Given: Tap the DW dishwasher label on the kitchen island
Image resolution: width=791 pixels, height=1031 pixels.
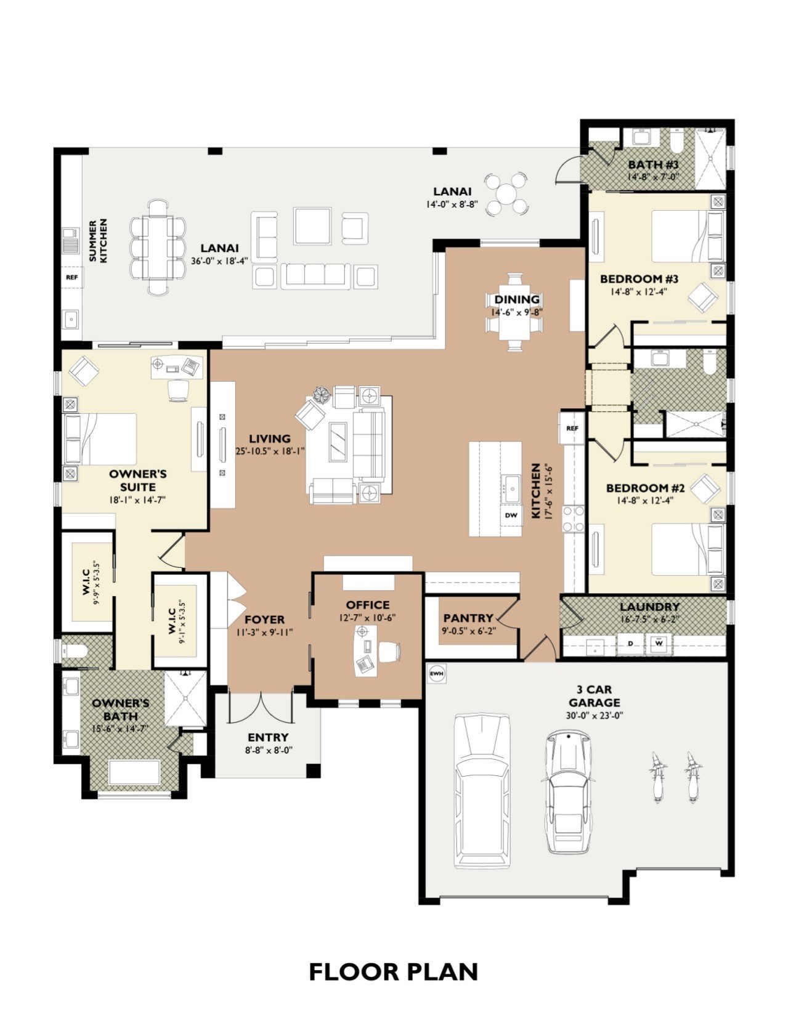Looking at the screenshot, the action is [511, 515].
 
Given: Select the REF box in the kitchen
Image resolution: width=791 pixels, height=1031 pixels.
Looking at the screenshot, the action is [572, 428].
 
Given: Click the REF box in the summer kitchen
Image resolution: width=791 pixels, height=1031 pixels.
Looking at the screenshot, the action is [72, 277].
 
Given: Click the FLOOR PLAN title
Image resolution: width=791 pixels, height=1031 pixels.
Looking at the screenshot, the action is [394, 972].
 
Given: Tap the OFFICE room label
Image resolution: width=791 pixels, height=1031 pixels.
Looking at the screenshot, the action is [368, 605].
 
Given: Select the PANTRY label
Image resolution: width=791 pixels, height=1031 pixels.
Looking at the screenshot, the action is [468, 618].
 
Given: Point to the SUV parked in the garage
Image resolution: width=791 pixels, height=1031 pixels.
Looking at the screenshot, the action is [482, 791].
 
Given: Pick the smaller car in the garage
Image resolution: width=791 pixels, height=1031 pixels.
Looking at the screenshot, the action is [570, 792].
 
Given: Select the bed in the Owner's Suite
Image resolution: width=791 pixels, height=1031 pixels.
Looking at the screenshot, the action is [100, 439].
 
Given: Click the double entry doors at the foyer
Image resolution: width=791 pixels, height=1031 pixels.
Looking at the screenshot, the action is [260, 706].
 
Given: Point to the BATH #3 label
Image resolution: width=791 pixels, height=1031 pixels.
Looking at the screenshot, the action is [654, 164].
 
